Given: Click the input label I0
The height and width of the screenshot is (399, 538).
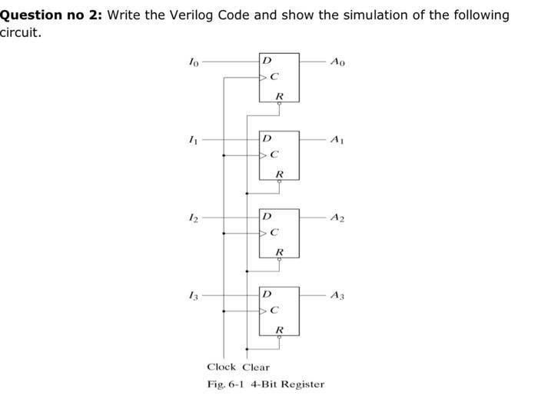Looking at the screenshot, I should coord(194,62).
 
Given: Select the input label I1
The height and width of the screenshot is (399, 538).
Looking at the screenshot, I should coord(194,139).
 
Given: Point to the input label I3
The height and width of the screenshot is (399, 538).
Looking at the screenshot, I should coord(194,295).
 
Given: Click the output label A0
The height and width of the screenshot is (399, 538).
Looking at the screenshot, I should coord(337,61).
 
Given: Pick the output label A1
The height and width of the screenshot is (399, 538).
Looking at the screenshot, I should coord(337,139).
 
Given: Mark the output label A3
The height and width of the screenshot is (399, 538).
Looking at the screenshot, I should coord(337,295).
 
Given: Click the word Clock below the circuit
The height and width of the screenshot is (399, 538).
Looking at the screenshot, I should coord(222,367).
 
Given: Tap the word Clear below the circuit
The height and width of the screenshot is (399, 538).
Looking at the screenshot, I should coord(257,367).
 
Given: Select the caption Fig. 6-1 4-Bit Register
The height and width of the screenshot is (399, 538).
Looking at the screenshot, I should coord(266,384).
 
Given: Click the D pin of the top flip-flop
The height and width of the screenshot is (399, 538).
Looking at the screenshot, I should coord(267,60).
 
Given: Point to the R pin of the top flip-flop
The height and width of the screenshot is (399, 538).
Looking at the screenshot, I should coord(279,96).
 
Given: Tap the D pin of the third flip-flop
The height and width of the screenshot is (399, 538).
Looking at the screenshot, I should coord(267,217).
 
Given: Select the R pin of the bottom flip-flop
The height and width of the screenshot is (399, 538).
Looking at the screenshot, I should coord(279,330).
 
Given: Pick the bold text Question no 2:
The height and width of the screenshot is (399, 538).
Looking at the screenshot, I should coord(51,15).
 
